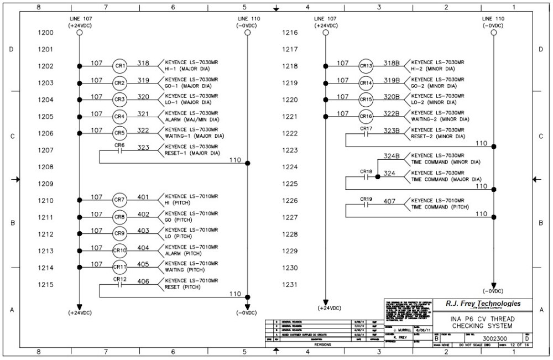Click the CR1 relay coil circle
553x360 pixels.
(x=120, y=66)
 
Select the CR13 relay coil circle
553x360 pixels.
(x=366, y=66)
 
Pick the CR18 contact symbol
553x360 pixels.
(x=366, y=178)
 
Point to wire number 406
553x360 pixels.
(x=143, y=281)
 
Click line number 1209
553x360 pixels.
(x=45, y=184)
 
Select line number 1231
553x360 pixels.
(x=290, y=285)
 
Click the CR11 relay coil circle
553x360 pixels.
(x=120, y=268)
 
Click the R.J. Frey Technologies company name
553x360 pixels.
(x=483, y=304)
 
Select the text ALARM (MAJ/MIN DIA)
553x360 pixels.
(x=192, y=119)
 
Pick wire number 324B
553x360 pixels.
(x=392, y=156)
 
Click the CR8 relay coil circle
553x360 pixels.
(x=120, y=217)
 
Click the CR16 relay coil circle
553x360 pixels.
(x=366, y=117)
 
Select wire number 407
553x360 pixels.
(x=389, y=201)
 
